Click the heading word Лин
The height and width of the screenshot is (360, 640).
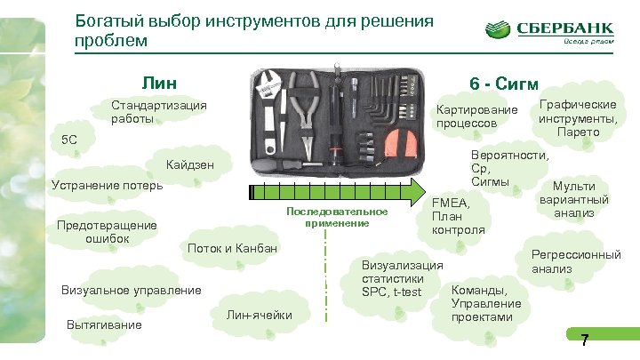pos(157,84)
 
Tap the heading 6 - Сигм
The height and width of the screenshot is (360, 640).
pos(503,84)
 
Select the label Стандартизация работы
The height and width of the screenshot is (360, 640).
pos(158,111)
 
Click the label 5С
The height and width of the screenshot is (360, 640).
pos(68,140)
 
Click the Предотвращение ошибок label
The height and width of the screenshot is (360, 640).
pos(107,231)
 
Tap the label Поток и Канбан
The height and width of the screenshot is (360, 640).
pos(232,247)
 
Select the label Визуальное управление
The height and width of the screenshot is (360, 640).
pos(130,289)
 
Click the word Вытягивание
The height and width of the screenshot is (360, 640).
pos(104,324)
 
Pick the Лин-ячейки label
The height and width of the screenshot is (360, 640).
pos(259,315)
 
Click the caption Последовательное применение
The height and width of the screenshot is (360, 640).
pos(337,217)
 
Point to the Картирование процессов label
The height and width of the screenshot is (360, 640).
pos(475,116)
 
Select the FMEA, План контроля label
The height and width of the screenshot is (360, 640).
pos(457,216)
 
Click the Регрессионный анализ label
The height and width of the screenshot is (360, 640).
pos(575,260)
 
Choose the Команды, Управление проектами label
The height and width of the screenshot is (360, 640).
pos(487,302)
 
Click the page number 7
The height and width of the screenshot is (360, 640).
pos(584,339)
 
